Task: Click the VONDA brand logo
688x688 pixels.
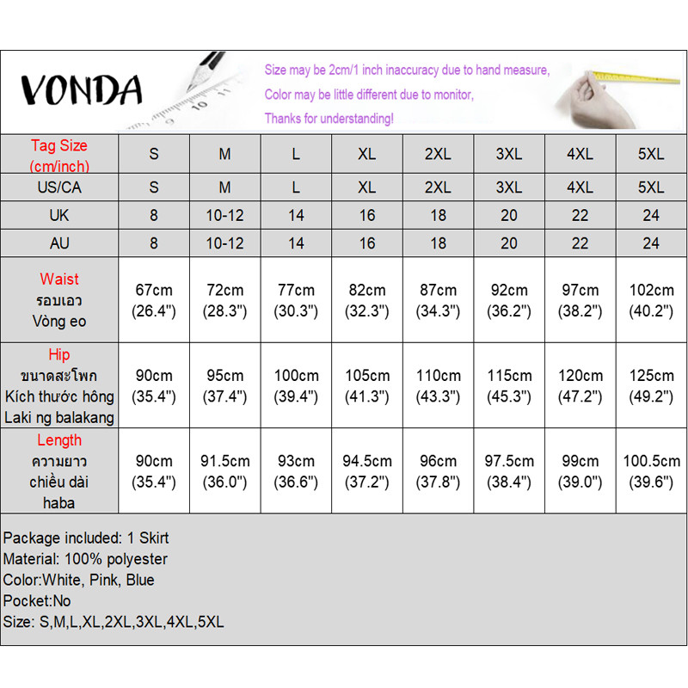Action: coord(81,89)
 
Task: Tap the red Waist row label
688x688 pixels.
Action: coord(59,279)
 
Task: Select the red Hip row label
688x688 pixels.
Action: coord(59,354)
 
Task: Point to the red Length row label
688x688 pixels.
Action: coord(59,440)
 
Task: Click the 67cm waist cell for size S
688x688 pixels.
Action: coord(154,300)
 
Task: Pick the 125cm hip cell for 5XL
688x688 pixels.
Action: coord(651,385)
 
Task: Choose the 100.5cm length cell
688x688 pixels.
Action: coord(651,471)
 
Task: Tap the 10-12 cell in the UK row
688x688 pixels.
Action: coord(224,215)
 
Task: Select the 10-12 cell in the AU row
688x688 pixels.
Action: coord(224,243)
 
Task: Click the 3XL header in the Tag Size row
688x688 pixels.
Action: coord(509,155)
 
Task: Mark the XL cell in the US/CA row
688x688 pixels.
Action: coord(367,187)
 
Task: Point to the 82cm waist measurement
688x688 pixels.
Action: coord(367,300)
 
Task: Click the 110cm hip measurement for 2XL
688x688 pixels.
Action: coord(439,385)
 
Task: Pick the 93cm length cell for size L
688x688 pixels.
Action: coord(296,471)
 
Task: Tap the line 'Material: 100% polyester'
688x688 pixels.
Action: coord(85,559)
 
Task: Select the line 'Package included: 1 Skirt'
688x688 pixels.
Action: coord(86,538)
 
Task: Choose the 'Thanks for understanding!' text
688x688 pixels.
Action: coord(329,118)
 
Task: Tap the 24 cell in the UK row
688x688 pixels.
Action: coord(651,215)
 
